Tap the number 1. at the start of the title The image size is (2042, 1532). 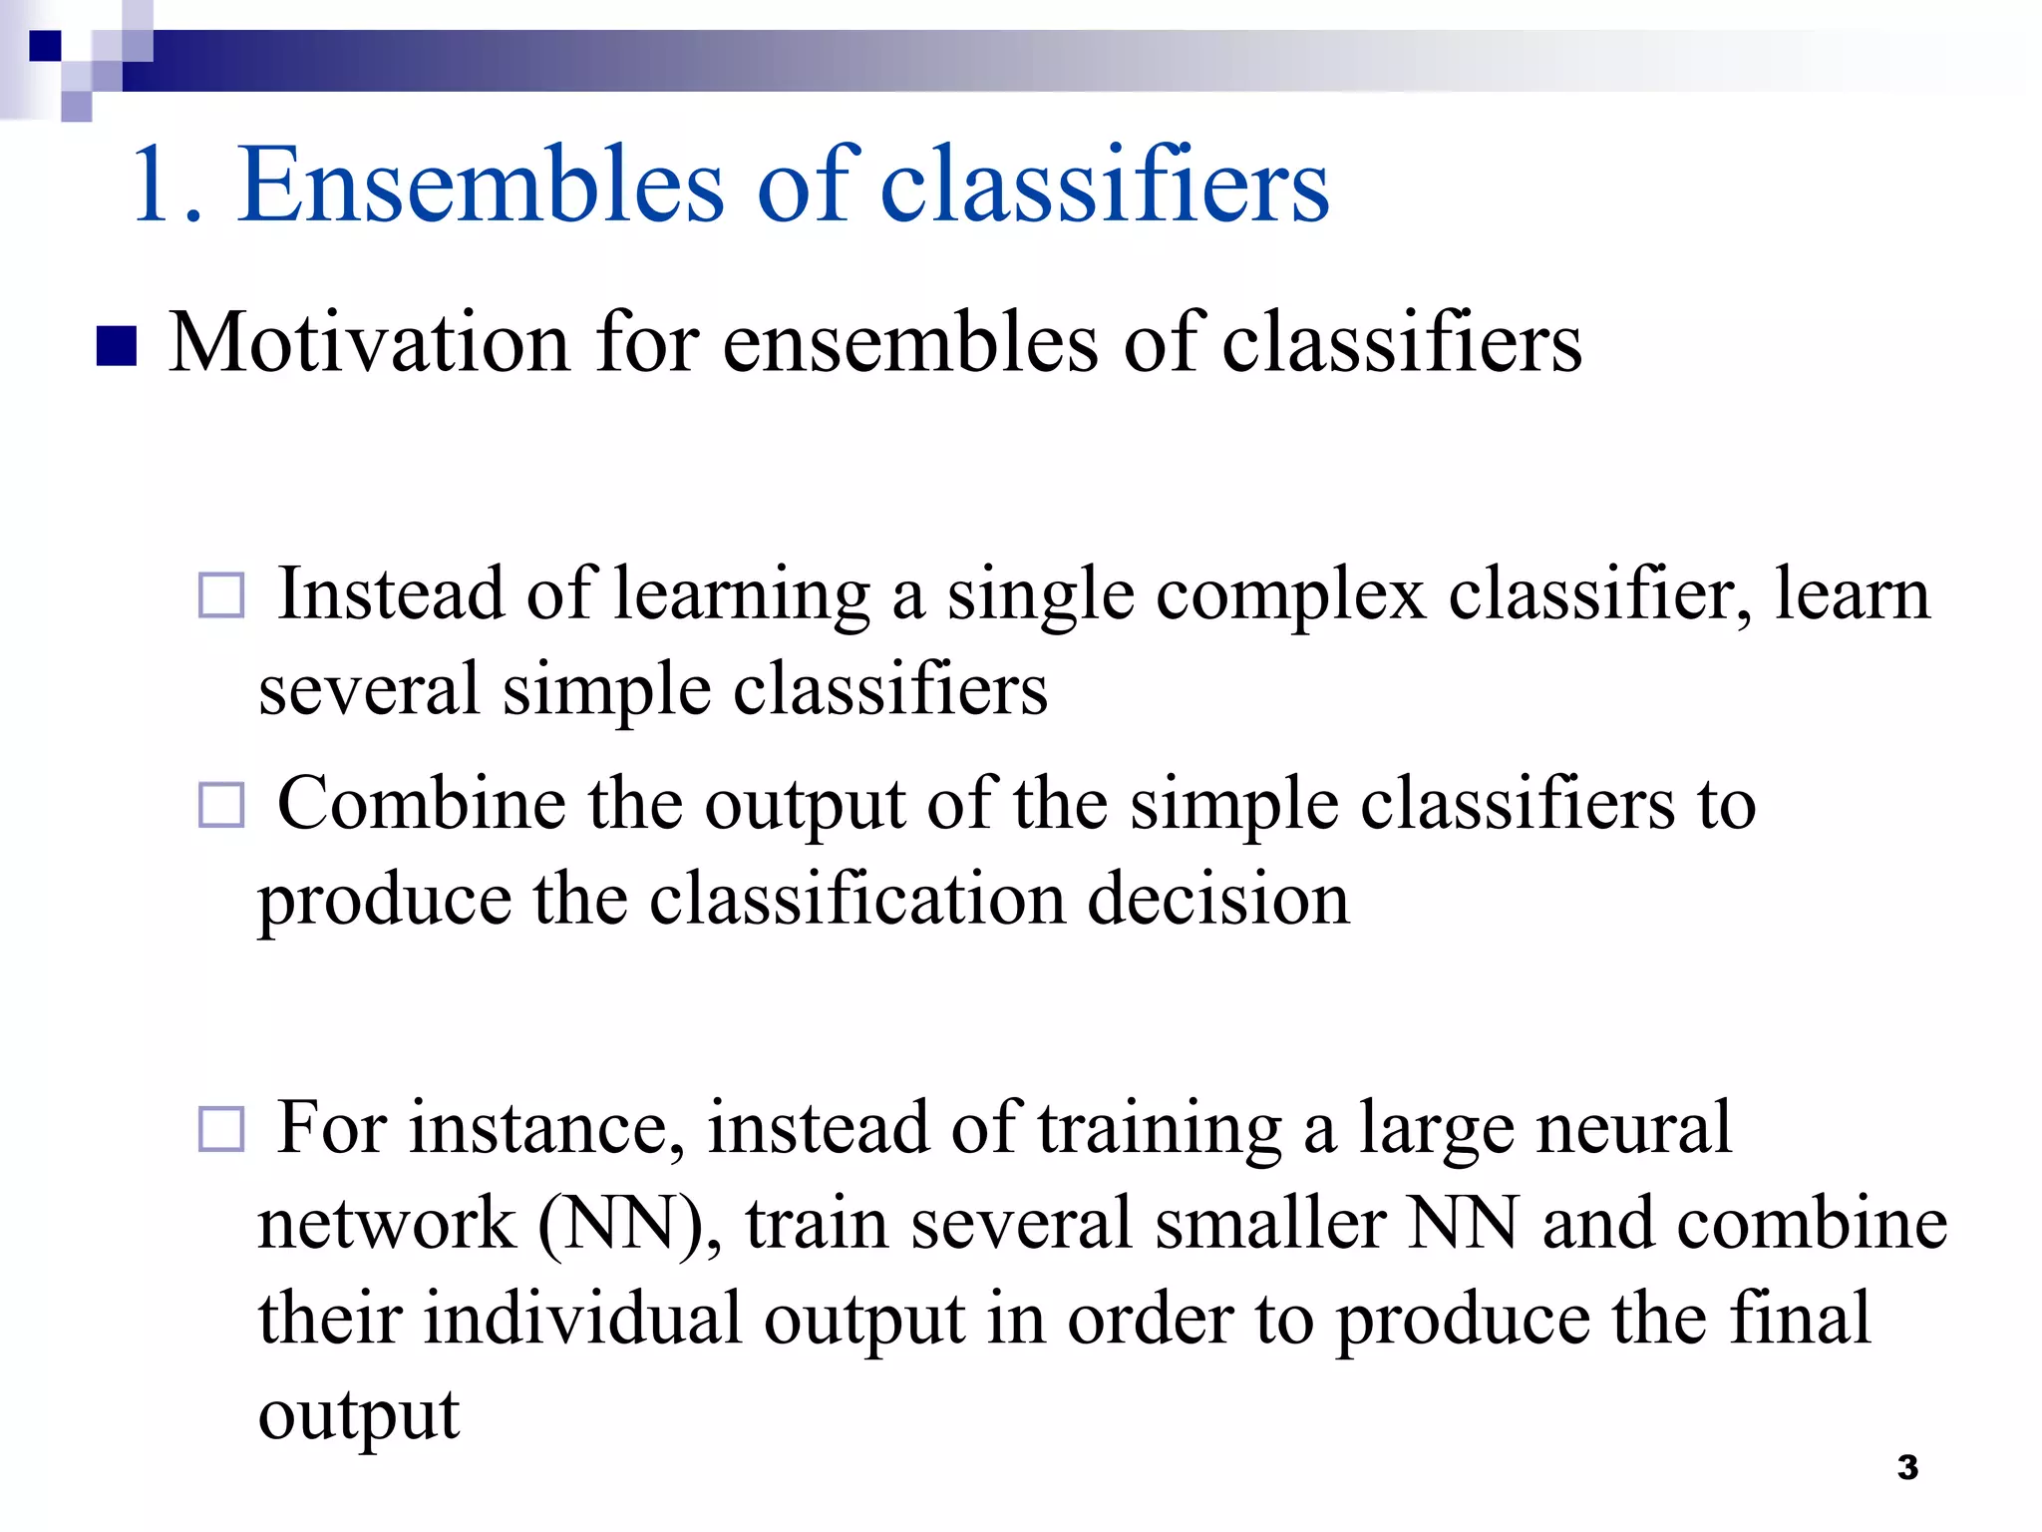point(166,187)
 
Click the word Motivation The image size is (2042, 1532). point(369,343)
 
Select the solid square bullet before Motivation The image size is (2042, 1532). point(117,347)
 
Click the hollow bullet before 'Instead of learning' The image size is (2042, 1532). point(221,595)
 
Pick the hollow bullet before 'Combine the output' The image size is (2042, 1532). point(221,805)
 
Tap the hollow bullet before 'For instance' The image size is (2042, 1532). point(221,1130)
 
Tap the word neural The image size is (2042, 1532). point(1634,1128)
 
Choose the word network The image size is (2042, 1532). point(387,1224)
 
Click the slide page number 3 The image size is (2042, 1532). point(1907,1468)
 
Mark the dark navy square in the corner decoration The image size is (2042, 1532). point(45,46)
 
